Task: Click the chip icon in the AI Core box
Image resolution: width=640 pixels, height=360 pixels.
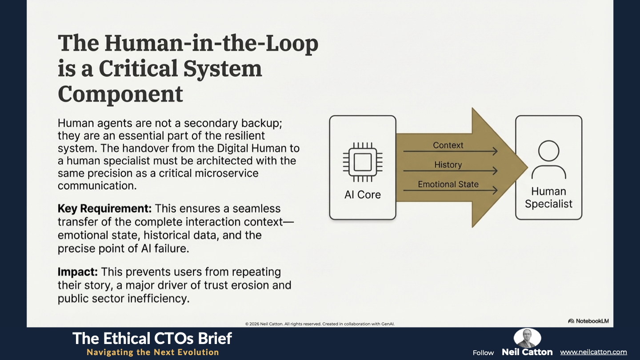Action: coord(362,162)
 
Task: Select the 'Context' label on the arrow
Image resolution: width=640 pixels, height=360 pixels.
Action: coord(448,145)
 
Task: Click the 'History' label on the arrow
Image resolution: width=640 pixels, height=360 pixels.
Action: coord(448,165)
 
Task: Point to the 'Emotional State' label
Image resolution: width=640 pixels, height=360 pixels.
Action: coord(448,184)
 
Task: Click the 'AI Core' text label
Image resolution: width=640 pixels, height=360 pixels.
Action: coord(362,195)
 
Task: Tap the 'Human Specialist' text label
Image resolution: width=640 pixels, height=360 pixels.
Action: coord(548,198)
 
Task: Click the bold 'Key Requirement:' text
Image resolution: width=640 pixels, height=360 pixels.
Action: coord(104,208)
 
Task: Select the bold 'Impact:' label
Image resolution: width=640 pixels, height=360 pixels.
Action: coord(77,272)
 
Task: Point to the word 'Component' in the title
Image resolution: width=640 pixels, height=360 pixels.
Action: coord(120,94)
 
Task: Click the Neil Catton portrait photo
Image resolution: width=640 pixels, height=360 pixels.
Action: coord(527,338)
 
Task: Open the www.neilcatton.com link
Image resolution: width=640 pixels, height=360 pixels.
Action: coord(593,352)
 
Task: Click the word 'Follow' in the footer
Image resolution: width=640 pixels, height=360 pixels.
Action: coord(483,353)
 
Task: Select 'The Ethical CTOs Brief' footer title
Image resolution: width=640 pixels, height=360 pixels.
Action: coord(152,339)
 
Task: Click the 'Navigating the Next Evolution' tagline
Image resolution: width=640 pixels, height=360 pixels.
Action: coord(152,352)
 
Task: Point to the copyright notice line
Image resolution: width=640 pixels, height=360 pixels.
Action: coord(320,324)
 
